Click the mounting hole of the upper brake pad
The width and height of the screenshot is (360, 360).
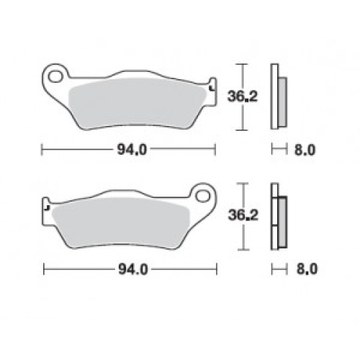point(55,76)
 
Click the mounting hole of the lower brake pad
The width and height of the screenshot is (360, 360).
point(202,196)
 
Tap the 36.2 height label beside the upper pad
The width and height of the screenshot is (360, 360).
point(243,96)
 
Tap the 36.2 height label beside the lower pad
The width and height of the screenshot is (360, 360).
point(243,215)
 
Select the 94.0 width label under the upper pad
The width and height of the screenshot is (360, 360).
point(132,150)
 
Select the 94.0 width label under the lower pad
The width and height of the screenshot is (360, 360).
point(133,270)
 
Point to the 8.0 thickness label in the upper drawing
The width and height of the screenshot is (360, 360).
point(305,150)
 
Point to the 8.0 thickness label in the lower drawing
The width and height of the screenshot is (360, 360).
point(307,269)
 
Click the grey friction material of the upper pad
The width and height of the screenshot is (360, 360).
point(138,104)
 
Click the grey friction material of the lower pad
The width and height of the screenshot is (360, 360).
point(121,223)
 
